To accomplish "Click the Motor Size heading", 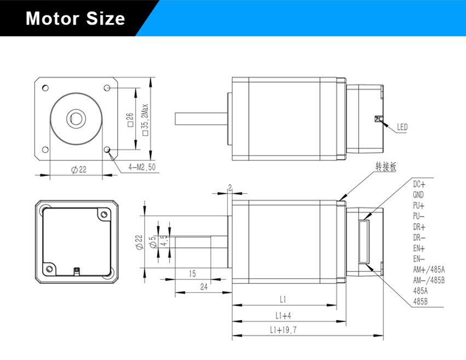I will tap(76, 19).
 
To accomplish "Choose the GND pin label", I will tap(418, 194).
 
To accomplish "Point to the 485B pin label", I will tap(420, 301).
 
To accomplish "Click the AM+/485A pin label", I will tap(429, 269).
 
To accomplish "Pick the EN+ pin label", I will tap(419, 248).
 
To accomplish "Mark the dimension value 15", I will tap(192, 272).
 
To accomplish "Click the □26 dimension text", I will tap(130, 119).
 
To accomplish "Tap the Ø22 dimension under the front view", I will tap(79, 170).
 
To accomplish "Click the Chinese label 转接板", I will tap(384, 166).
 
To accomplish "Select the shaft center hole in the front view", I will tap(74, 118).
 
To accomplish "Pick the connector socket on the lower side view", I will tap(364, 241).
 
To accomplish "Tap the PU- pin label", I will tap(419, 216).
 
